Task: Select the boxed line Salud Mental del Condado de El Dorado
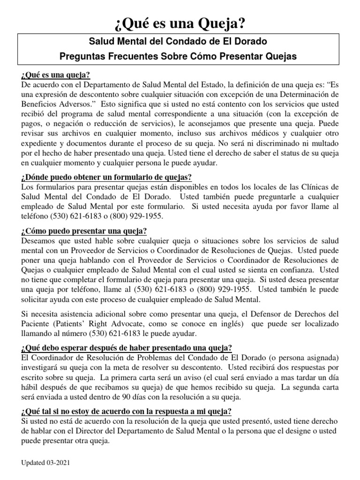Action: click(180, 41)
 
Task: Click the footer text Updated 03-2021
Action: click(46, 462)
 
